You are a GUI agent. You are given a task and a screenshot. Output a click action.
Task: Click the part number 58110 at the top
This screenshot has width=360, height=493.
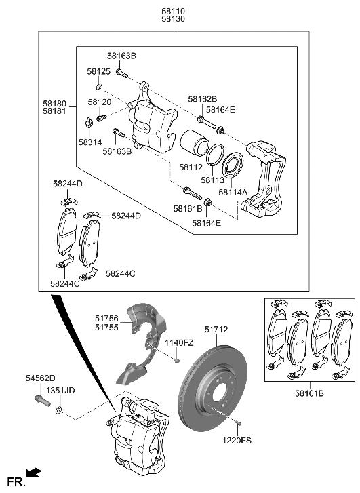(173, 11)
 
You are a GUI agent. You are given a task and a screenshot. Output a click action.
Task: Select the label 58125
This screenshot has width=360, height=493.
(98, 71)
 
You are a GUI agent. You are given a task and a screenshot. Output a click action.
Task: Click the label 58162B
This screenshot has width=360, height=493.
(202, 98)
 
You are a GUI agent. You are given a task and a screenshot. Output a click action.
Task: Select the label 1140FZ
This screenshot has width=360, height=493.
(179, 343)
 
